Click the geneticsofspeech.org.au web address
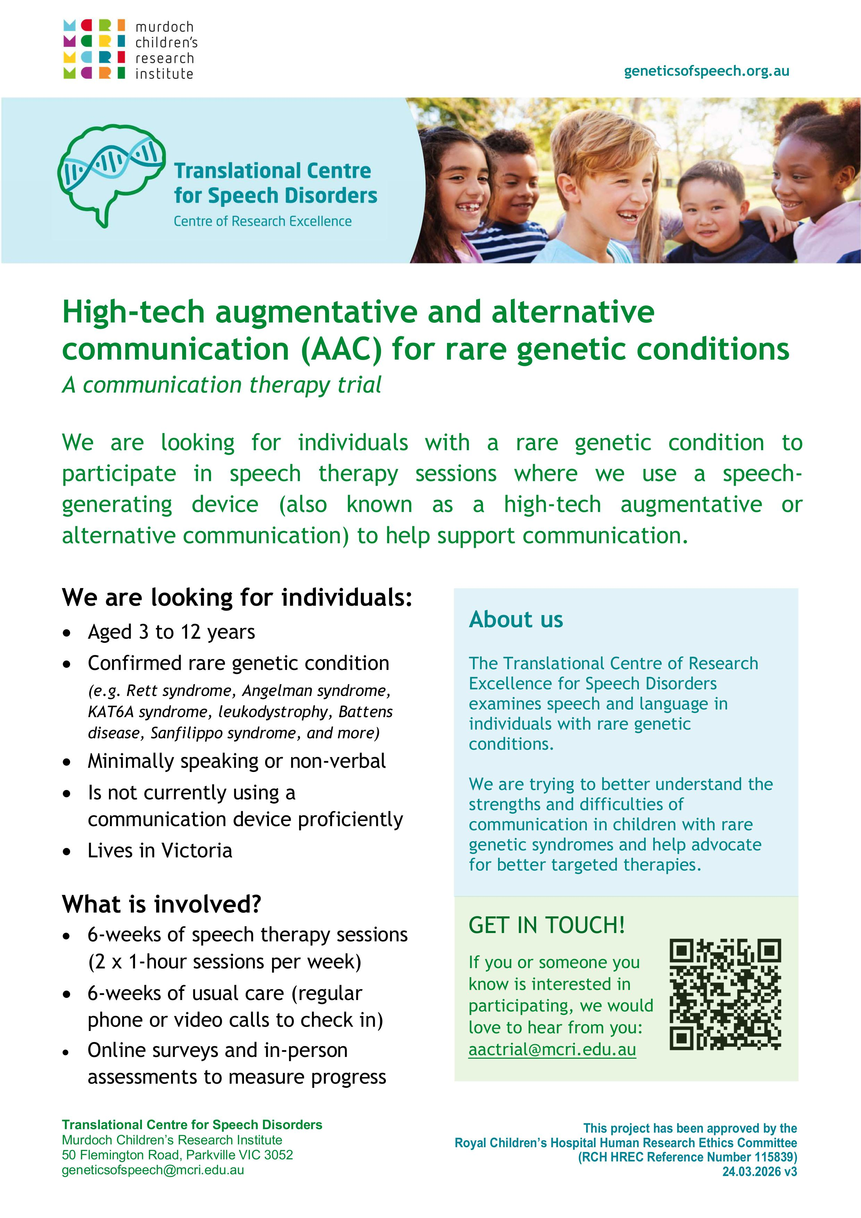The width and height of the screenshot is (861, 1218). coord(706,72)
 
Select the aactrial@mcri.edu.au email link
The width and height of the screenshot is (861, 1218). coord(552,1050)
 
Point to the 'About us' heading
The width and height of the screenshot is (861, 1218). coord(516,619)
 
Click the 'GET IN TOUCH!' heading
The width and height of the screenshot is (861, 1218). coord(547,926)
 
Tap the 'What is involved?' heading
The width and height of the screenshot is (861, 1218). coord(162,904)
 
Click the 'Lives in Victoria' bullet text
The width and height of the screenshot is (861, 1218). coord(160,850)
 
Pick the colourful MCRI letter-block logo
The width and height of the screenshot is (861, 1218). coord(94,49)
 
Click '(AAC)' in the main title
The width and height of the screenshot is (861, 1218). coord(341,350)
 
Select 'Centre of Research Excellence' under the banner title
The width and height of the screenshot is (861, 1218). coord(263,221)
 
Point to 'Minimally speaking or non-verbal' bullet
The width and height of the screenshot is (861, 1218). coord(237,761)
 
